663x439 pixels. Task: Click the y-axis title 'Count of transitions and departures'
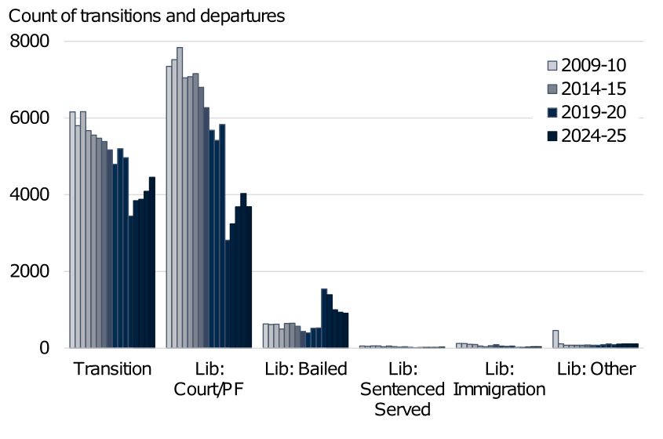(x=147, y=16)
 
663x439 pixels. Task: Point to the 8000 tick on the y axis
(x=28, y=42)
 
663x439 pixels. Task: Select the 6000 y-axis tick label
(x=28, y=118)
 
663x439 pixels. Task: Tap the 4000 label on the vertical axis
(x=28, y=195)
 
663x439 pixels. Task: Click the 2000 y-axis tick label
(x=28, y=272)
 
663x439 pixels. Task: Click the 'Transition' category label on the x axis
(x=112, y=369)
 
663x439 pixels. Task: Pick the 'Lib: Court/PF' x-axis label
(x=209, y=379)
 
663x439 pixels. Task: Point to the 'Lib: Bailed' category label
(x=305, y=369)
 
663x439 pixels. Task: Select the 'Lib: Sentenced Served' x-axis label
(x=403, y=389)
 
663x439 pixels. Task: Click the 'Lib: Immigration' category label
(x=499, y=379)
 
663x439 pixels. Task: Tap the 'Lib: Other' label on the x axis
(x=596, y=369)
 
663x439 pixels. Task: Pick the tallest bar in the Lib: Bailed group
(x=323, y=317)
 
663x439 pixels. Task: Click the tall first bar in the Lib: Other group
(x=556, y=339)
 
